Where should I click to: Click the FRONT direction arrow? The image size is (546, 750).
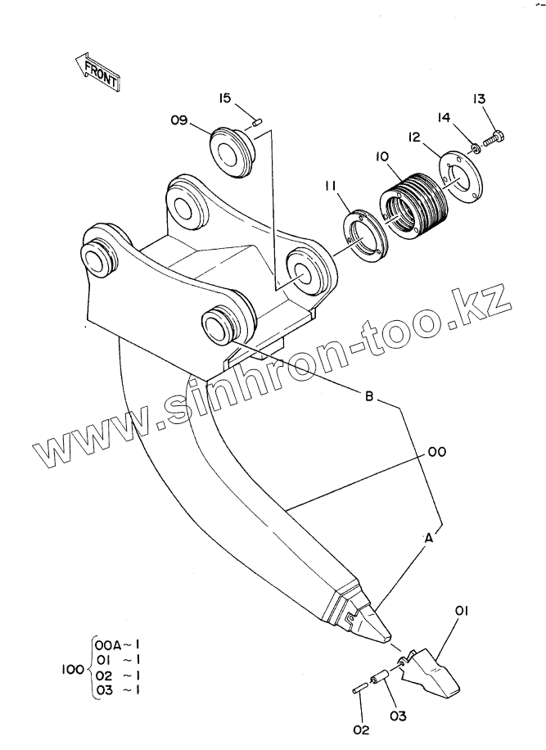pos(95,70)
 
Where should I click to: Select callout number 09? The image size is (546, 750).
pos(179,120)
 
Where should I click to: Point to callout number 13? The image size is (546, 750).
pos(480,99)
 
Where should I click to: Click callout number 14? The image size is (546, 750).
pos(445,119)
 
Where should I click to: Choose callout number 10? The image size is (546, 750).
pos(382,156)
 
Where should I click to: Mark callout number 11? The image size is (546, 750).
pos(330,187)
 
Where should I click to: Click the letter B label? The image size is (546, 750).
pos(369,396)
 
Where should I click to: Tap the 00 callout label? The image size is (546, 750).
pos(436,451)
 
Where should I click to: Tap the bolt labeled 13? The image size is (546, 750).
pos(493,139)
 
